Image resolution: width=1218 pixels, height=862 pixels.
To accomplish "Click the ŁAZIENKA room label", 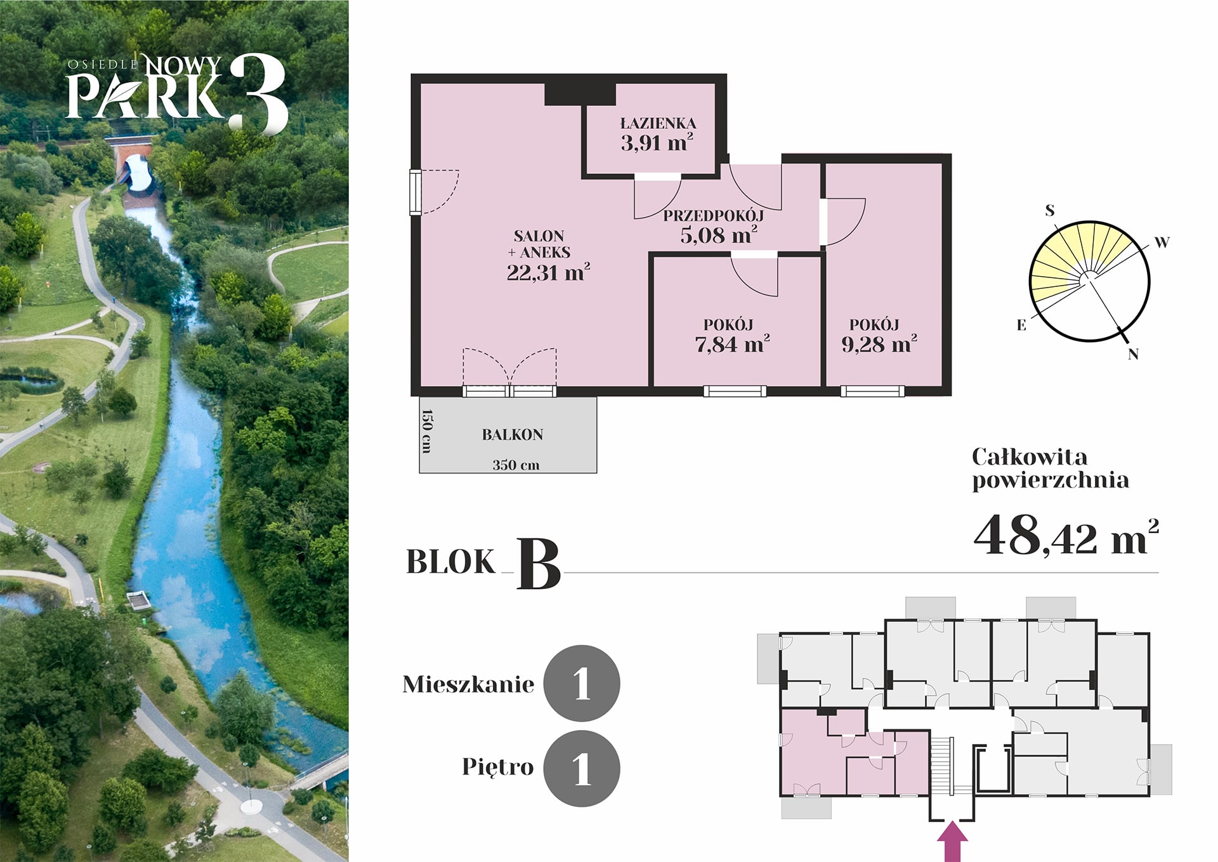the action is click(658, 123).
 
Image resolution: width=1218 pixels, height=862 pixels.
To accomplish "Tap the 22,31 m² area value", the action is click(548, 272).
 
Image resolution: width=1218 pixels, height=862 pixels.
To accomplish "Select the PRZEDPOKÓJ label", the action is click(714, 216).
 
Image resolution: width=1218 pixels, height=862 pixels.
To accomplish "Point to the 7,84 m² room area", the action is click(732, 344).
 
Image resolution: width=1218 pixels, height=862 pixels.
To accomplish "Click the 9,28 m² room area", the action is click(879, 344).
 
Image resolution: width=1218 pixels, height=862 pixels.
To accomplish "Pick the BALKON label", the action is click(513, 435).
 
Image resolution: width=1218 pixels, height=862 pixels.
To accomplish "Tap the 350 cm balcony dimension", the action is click(516, 465).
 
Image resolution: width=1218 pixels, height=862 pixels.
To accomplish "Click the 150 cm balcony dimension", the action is click(427, 431).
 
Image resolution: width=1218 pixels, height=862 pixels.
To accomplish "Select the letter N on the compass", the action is click(1133, 354).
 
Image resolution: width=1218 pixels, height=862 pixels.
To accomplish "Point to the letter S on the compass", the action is click(1050, 210).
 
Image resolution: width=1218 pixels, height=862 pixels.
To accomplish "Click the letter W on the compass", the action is click(1162, 242).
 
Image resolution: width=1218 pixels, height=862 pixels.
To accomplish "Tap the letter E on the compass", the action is click(1021, 325).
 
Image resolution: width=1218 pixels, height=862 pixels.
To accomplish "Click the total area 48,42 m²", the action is click(1066, 534).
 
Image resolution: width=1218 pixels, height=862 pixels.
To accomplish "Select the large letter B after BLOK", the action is click(539, 564).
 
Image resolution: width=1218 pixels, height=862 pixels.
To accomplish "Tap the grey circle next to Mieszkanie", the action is click(582, 684).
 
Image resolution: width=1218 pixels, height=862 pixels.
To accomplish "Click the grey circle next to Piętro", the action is click(582, 769).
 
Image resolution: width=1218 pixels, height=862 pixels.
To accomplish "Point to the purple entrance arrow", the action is click(952, 841).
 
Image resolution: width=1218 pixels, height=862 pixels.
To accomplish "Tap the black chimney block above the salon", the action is click(580, 94).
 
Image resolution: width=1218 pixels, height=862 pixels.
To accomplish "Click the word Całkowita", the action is click(1030, 457).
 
